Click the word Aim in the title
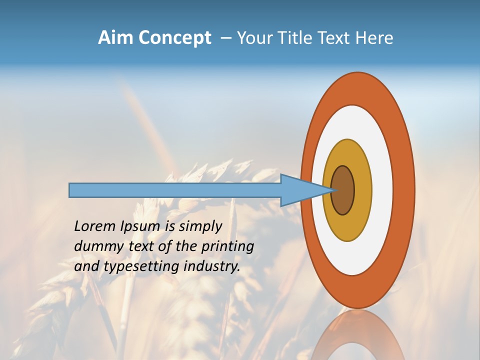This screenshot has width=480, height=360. click(x=115, y=38)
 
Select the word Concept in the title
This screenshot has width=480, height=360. click(x=175, y=38)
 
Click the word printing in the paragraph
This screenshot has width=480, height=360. click(x=228, y=246)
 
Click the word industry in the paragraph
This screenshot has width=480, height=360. click(x=212, y=266)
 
